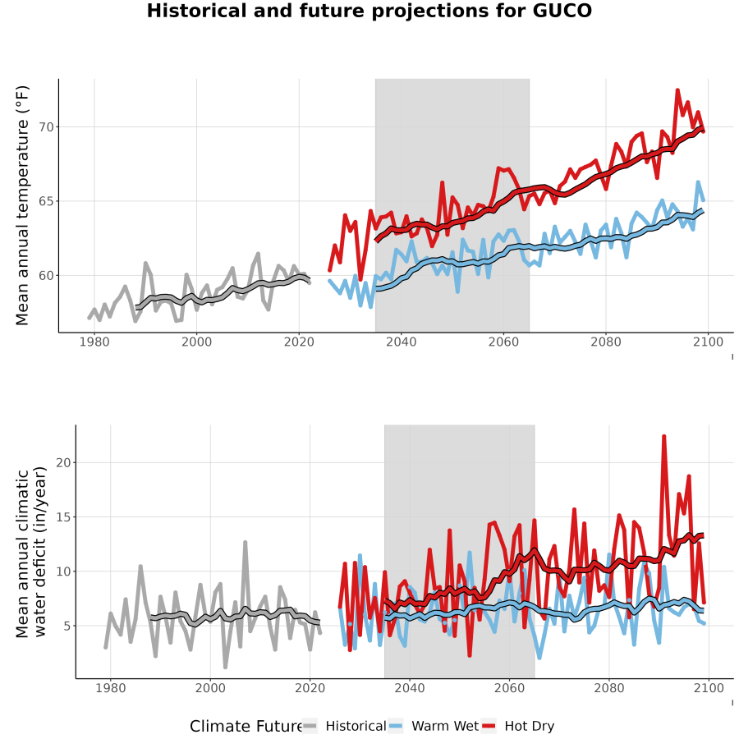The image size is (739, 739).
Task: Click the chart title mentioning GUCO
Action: [x=369, y=11]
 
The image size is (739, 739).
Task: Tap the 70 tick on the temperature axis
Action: [x=47, y=127]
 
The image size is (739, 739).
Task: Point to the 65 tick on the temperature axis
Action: [x=47, y=201]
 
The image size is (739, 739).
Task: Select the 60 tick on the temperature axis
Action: [x=47, y=275]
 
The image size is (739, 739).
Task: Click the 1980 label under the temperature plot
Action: [x=94, y=342]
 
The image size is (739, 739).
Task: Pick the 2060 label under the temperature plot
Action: [x=503, y=342]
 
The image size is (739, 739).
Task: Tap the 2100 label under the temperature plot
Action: [x=708, y=342]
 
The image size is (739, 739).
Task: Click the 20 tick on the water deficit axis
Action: [x=63, y=462]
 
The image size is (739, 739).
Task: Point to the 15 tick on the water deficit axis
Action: [x=63, y=517]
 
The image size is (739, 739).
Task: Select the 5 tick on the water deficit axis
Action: [x=67, y=626]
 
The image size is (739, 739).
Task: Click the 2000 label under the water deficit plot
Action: [x=210, y=688]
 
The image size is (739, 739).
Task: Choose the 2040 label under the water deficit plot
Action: [x=410, y=688]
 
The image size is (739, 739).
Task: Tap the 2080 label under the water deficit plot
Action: [x=609, y=688]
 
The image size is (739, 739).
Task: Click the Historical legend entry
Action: [x=344, y=727]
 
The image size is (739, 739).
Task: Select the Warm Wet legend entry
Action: [x=434, y=727]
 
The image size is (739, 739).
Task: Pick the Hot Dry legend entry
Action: [x=518, y=727]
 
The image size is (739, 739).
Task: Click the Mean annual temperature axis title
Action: [x=22, y=205]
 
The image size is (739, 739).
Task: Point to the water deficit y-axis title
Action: [x=30, y=552]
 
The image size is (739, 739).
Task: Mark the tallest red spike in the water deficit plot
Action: [x=664, y=437]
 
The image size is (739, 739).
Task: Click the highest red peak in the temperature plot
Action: [x=677, y=90]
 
